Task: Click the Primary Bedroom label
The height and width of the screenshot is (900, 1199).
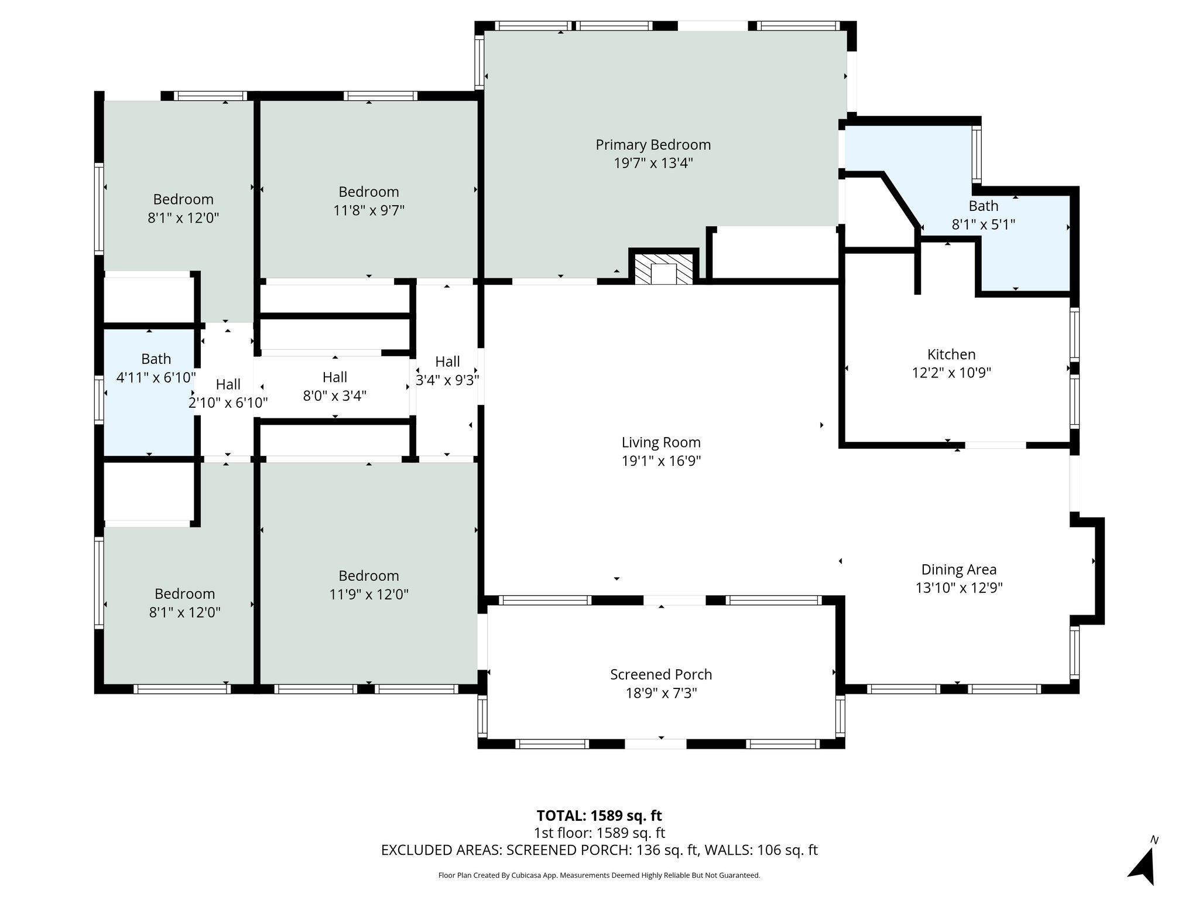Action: click(x=653, y=145)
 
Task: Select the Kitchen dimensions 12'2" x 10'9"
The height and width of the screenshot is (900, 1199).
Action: click(x=951, y=373)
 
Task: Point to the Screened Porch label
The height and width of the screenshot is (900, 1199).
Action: click(x=661, y=674)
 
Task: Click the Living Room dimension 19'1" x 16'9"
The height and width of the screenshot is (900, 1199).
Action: click(x=661, y=461)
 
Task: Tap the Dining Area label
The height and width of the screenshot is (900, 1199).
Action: click(x=958, y=570)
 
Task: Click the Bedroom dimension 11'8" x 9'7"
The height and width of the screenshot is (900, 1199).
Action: click(x=369, y=210)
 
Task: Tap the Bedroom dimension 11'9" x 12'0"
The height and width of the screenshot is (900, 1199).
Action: click(x=369, y=595)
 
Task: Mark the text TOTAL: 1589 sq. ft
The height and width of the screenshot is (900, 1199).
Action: click(x=599, y=816)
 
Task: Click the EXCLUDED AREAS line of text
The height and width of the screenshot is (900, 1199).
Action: click(x=599, y=850)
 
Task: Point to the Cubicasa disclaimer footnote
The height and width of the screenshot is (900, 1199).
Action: click(x=599, y=875)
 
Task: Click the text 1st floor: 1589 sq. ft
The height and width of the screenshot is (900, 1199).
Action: click(x=599, y=833)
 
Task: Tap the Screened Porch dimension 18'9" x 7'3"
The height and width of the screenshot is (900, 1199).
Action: click(x=661, y=693)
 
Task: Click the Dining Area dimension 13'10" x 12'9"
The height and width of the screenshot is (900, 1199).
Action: click(x=958, y=588)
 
